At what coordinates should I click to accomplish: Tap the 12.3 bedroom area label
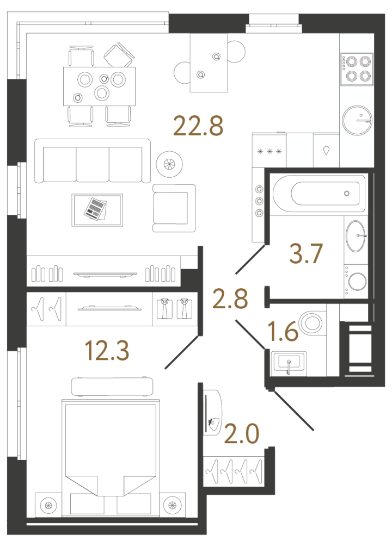click(x=107, y=351)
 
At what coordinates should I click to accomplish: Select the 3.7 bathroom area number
click(x=307, y=254)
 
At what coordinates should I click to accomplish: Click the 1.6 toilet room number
click(x=284, y=331)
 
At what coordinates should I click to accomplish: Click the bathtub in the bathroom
click(x=318, y=194)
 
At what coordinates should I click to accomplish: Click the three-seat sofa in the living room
click(x=92, y=161)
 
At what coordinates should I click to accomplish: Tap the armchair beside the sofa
click(x=174, y=207)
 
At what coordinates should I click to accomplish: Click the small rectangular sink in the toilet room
click(x=288, y=362)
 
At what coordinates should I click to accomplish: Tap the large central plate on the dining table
click(x=102, y=94)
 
